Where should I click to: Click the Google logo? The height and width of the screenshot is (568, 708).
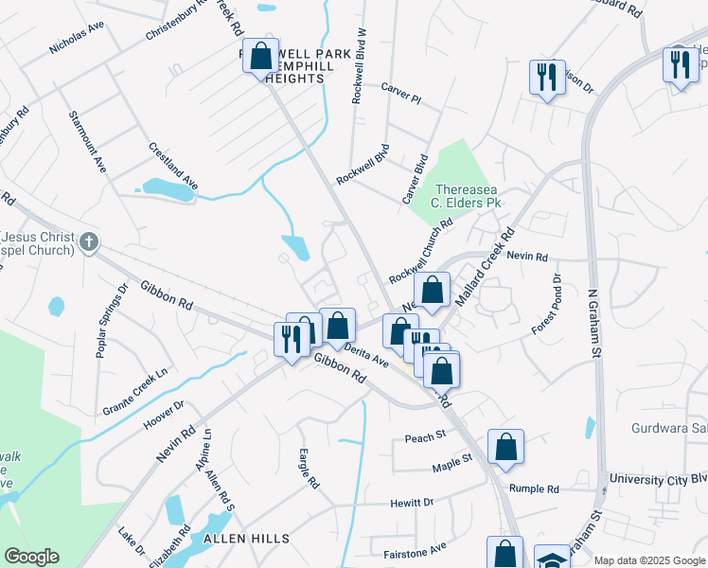[31, 557]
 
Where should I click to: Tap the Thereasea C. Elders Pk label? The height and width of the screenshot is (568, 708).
[466, 194]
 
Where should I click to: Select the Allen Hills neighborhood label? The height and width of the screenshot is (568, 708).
[246, 538]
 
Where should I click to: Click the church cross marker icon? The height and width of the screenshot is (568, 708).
[88, 240]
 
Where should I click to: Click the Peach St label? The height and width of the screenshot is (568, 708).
[424, 437]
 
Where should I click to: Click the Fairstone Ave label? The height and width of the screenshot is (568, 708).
[415, 549]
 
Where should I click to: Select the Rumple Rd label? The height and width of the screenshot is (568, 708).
[534, 488]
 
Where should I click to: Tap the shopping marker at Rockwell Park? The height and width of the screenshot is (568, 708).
[259, 57]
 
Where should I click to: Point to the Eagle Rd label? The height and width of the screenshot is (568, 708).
[309, 468]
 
